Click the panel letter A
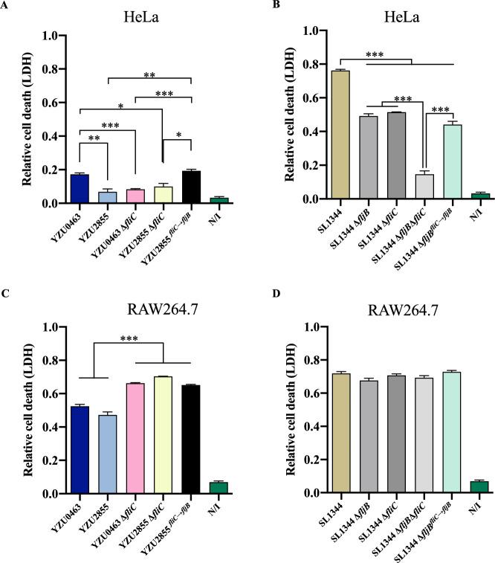(x=6, y=7)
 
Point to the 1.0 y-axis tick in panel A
(x=51, y=36)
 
